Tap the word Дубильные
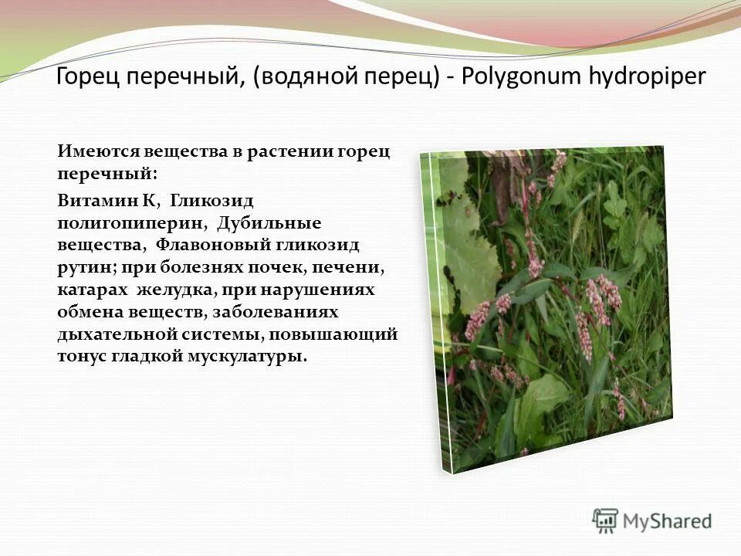(x=269, y=222)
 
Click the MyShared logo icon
(x=605, y=521)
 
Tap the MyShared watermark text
(x=668, y=522)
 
